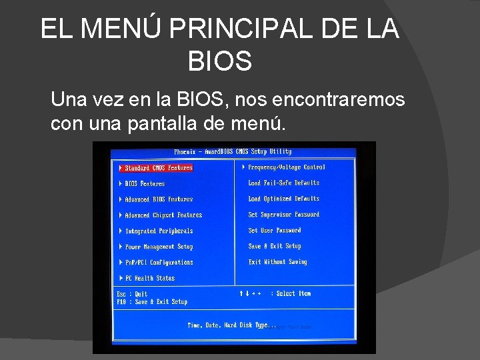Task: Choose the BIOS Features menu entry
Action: pos(145,183)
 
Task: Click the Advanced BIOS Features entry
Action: pos(159,199)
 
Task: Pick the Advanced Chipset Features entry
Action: pos(163,215)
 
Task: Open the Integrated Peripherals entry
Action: pos(159,231)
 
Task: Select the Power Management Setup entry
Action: pos(159,247)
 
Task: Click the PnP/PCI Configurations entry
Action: pos(159,263)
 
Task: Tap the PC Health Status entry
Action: pos(149,279)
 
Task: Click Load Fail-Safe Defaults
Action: pos(284,183)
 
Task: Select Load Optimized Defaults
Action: pos(284,199)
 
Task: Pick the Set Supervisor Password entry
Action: pos(284,215)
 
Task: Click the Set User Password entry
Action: pos(275,231)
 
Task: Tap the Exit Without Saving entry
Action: pos(278,262)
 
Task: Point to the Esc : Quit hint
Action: pos(132,294)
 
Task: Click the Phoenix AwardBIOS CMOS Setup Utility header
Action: pos(233,152)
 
